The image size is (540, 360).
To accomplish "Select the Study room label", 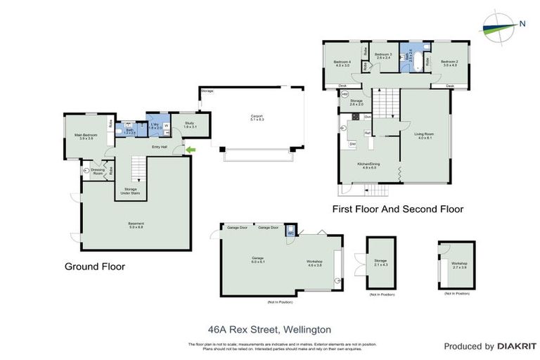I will (189, 124).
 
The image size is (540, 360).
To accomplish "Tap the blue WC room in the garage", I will (290, 233).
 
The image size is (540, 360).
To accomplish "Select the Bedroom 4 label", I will (342, 64).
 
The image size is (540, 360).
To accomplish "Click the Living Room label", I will (423, 135).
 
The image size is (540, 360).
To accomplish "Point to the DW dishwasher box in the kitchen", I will (352, 143).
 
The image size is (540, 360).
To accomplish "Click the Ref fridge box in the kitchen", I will (368, 133).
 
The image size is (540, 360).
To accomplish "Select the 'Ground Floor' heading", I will (94, 266).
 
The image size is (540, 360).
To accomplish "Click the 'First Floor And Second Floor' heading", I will (397, 209).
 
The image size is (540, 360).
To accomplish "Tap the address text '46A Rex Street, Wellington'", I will (269, 329).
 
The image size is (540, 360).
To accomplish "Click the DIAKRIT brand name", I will (517, 347).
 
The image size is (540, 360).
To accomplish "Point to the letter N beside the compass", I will (522, 24).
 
